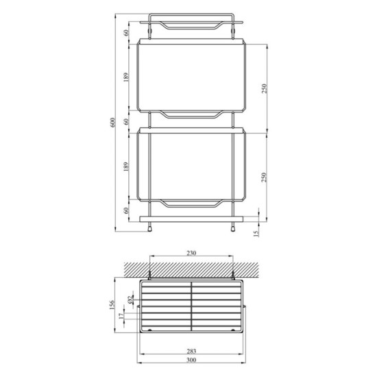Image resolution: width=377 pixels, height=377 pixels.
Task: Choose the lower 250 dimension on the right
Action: click(263, 176)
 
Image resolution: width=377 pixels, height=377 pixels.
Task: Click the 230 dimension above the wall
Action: click(191, 252)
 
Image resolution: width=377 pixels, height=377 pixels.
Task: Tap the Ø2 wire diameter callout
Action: click(130, 300)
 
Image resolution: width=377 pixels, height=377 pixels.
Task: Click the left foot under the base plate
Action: click(149, 228)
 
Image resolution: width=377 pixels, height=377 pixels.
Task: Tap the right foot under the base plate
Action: click(234, 228)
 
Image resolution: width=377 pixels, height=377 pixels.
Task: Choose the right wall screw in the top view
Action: click(234, 275)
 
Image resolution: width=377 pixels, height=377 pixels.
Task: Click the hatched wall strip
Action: click(191, 267)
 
